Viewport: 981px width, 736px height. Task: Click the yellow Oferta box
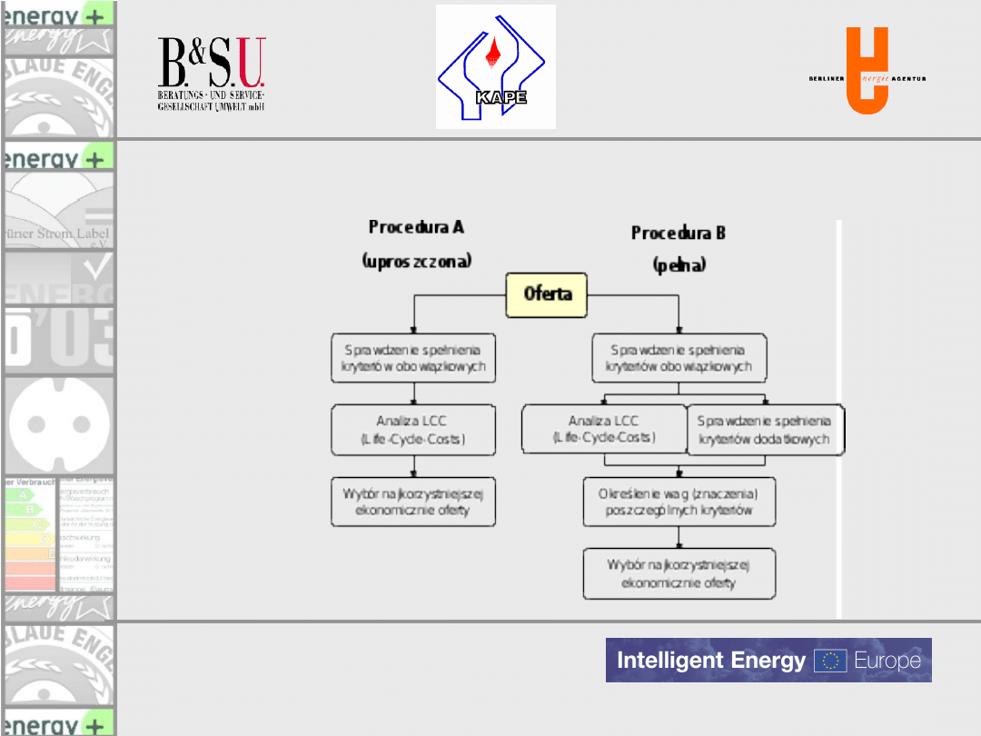click(548, 294)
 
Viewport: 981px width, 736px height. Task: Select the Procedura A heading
click(416, 226)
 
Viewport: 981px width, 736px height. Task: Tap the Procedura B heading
click(679, 234)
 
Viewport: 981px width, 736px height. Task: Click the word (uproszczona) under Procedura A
click(417, 261)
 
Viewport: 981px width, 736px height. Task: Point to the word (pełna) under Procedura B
click(679, 266)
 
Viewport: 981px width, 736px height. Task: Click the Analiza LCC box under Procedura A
click(413, 430)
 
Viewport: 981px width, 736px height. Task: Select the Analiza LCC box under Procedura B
click(604, 430)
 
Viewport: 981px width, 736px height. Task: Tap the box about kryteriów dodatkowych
click(764, 431)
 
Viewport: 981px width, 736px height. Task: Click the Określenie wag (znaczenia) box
click(679, 502)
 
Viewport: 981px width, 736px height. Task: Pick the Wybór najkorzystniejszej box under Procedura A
click(413, 502)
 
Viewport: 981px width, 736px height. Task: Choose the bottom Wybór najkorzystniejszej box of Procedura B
click(679, 573)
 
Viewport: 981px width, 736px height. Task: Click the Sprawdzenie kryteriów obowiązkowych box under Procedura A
click(413, 358)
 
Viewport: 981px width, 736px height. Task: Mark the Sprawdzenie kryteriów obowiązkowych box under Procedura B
click(679, 358)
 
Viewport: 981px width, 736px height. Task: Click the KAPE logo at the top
click(495, 66)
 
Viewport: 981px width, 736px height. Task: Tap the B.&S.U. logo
click(212, 74)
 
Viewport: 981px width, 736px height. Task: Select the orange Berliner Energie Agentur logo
click(867, 72)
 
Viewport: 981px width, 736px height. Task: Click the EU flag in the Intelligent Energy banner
click(829, 661)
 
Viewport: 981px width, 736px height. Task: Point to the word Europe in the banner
click(887, 661)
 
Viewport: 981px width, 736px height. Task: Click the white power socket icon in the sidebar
click(59, 423)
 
